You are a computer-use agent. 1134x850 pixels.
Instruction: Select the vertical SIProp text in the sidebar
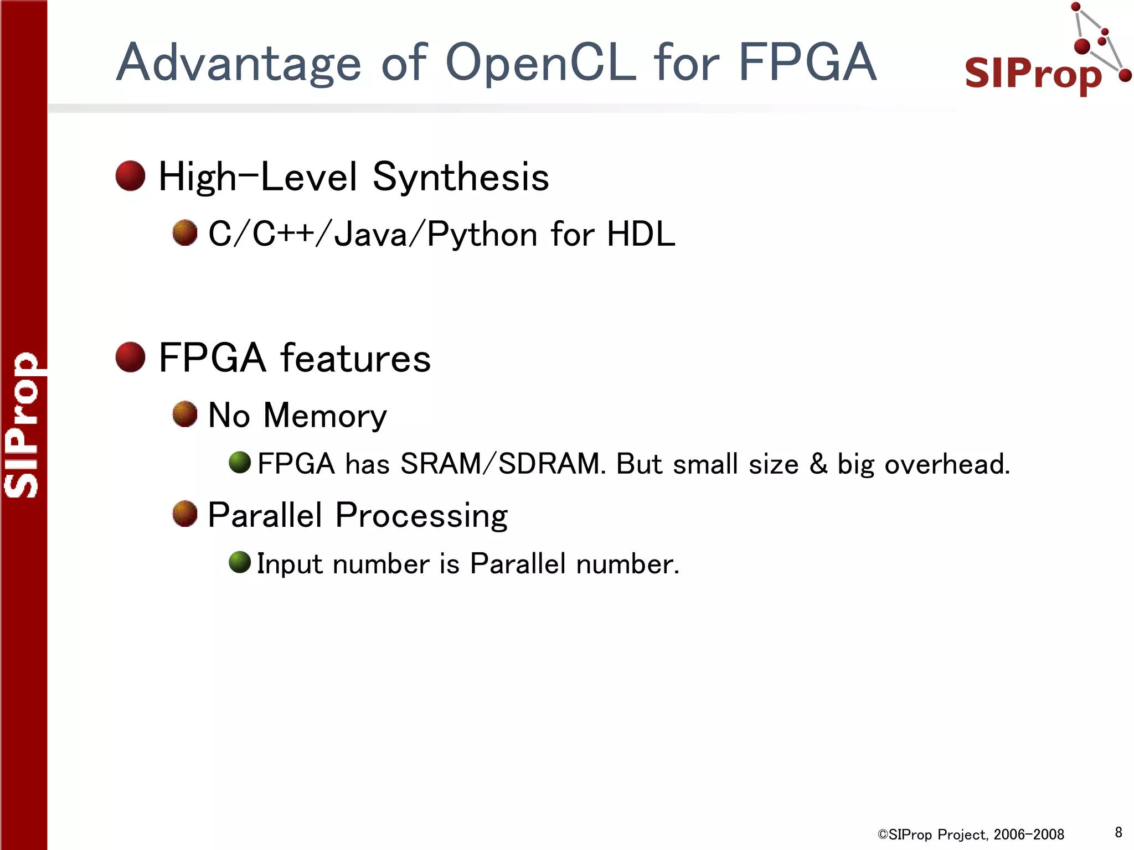click(x=22, y=425)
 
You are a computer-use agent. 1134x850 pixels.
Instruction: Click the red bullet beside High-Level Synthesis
click(x=130, y=176)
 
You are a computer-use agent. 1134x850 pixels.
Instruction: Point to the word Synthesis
click(x=461, y=177)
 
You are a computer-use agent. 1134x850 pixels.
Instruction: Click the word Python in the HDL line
click(x=482, y=235)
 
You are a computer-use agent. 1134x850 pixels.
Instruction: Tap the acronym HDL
click(x=641, y=234)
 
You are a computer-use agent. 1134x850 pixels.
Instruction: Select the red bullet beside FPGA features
click(x=130, y=357)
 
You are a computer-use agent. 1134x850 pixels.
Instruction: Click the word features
click(x=355, y=358)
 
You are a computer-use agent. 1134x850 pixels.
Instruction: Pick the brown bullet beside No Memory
click(x=185, y=414)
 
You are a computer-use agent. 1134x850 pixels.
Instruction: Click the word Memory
click(x=325, y=416)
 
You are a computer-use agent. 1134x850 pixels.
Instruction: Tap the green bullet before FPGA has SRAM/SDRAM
click(x=240, y=463)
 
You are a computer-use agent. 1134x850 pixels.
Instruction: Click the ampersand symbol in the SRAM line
click(x=818, y=464)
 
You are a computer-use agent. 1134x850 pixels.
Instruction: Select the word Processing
click(x=421, y=516)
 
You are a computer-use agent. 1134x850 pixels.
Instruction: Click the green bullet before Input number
click(x=240, y=563)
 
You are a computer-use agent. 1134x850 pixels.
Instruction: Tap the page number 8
click(x=1118, y=832)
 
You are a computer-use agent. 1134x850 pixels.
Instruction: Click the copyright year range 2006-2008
click(x=1029, y=835)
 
